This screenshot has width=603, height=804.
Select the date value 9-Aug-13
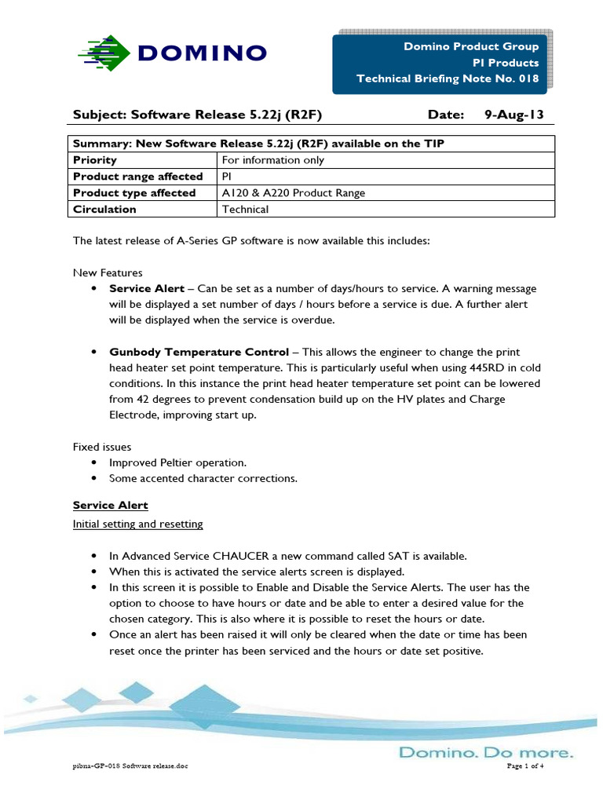coord(513,115)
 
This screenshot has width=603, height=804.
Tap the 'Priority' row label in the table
coord(95,160)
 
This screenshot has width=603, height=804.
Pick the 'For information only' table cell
coord(273,160)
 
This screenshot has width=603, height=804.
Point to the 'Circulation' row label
coord(104,210)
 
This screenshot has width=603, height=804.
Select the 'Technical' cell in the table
coord(246,210)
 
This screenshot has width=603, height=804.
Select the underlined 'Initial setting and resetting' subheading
coord(137,524)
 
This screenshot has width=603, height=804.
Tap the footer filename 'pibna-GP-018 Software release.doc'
coord(130,766)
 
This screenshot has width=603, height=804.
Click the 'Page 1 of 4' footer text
coord(525,766)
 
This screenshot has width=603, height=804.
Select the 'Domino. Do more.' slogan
coord(486,752)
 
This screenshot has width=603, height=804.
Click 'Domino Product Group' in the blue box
coord(471,46)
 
